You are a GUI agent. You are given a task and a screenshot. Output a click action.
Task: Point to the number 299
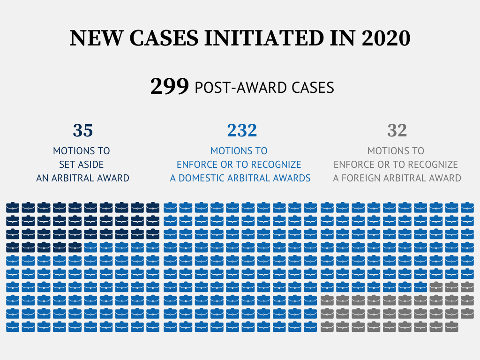click(x=169, y=87)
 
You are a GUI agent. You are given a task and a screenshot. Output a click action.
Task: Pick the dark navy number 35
click(x=83, y=130)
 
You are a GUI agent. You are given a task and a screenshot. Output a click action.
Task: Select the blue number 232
click(x=242, y=130)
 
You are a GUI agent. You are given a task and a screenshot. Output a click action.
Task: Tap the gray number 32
click(x=397, y=130)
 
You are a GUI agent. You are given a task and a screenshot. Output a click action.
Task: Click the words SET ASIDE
click(x=82, y=165)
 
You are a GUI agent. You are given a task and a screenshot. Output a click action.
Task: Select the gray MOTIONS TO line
click(x=396, y=151)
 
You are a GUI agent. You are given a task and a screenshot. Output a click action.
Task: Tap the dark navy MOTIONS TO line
click(x=82, y=151)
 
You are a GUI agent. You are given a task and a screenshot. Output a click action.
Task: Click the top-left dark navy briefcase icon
click(x=13, y=207)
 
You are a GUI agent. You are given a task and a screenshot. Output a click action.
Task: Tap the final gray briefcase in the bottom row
click(x=451, y=327)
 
